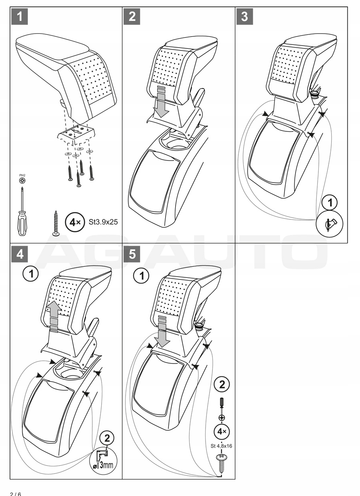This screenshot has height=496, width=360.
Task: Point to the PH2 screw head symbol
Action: coord(22,181)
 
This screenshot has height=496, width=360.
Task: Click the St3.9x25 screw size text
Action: coord(103,222)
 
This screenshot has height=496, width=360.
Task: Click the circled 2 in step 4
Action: coord(107,438)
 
